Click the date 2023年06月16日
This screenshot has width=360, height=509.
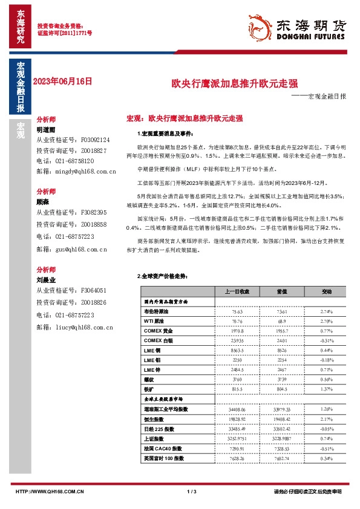coord(64,80)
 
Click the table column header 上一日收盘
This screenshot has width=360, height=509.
coord(237,291)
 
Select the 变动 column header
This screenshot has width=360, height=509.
coord(326,291)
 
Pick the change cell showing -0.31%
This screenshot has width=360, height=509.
coord(326,341)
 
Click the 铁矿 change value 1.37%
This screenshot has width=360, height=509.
coord(326,390)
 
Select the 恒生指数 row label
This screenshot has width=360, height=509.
coord(154,418)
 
